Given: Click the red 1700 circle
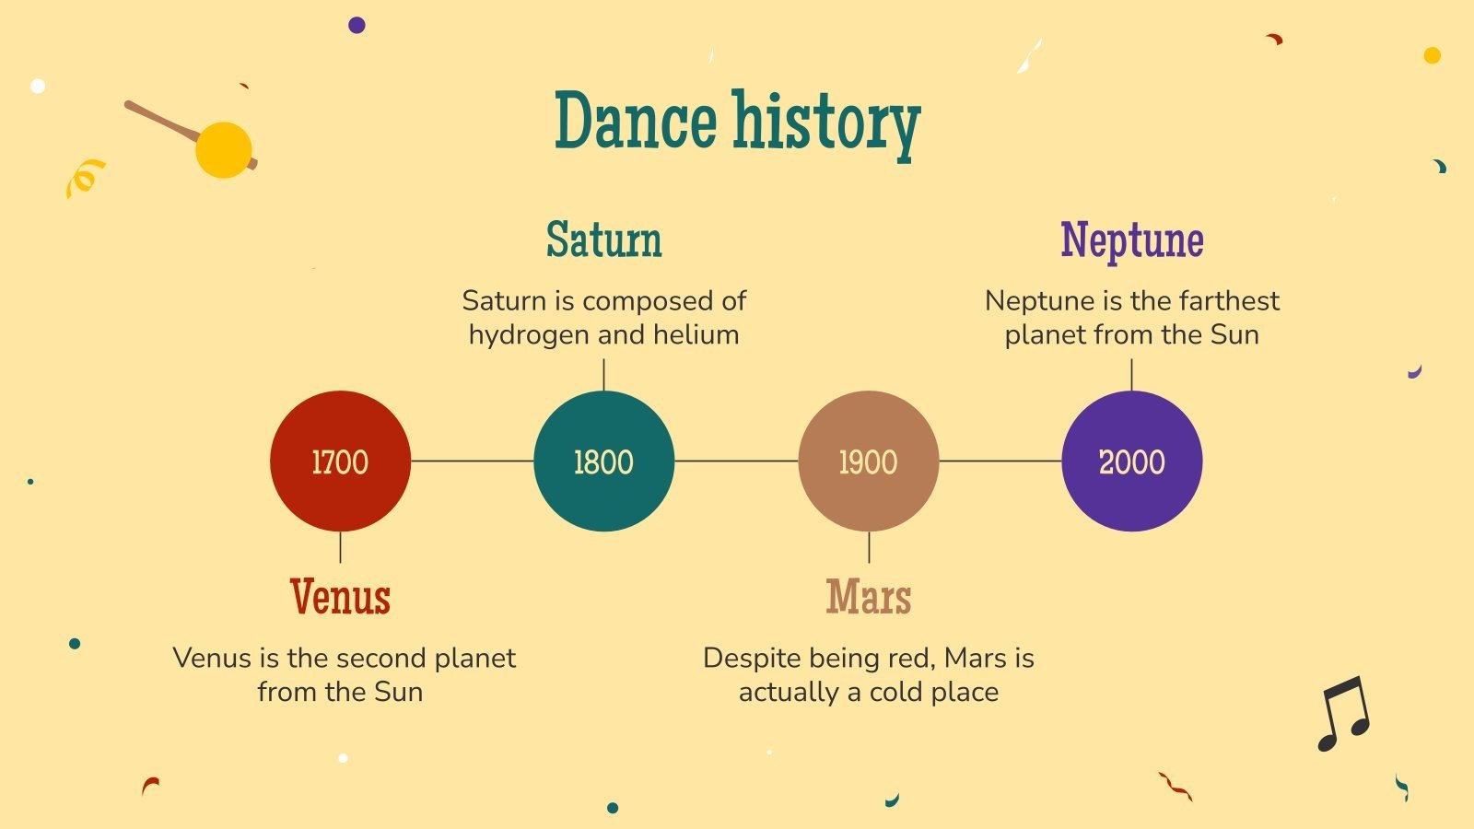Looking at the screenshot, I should point(340,461).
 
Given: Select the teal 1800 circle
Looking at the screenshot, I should point(603,461).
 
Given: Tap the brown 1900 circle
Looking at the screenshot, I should point(868,461).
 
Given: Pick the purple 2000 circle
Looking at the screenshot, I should point(1131,461).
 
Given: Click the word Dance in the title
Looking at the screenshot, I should point(636,122).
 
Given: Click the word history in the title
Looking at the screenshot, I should point(826,124).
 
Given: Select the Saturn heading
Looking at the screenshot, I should point(603,239).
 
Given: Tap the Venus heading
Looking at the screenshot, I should point(340,597).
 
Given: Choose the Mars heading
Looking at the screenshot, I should point(868,597).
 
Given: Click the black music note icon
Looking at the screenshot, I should point(1343,714).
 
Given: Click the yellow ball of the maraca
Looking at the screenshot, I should point(223,149).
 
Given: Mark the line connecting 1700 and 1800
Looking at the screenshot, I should point(472,461).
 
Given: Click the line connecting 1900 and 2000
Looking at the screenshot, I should point(1000,461).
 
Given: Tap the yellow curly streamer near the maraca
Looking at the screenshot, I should point(84,176).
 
